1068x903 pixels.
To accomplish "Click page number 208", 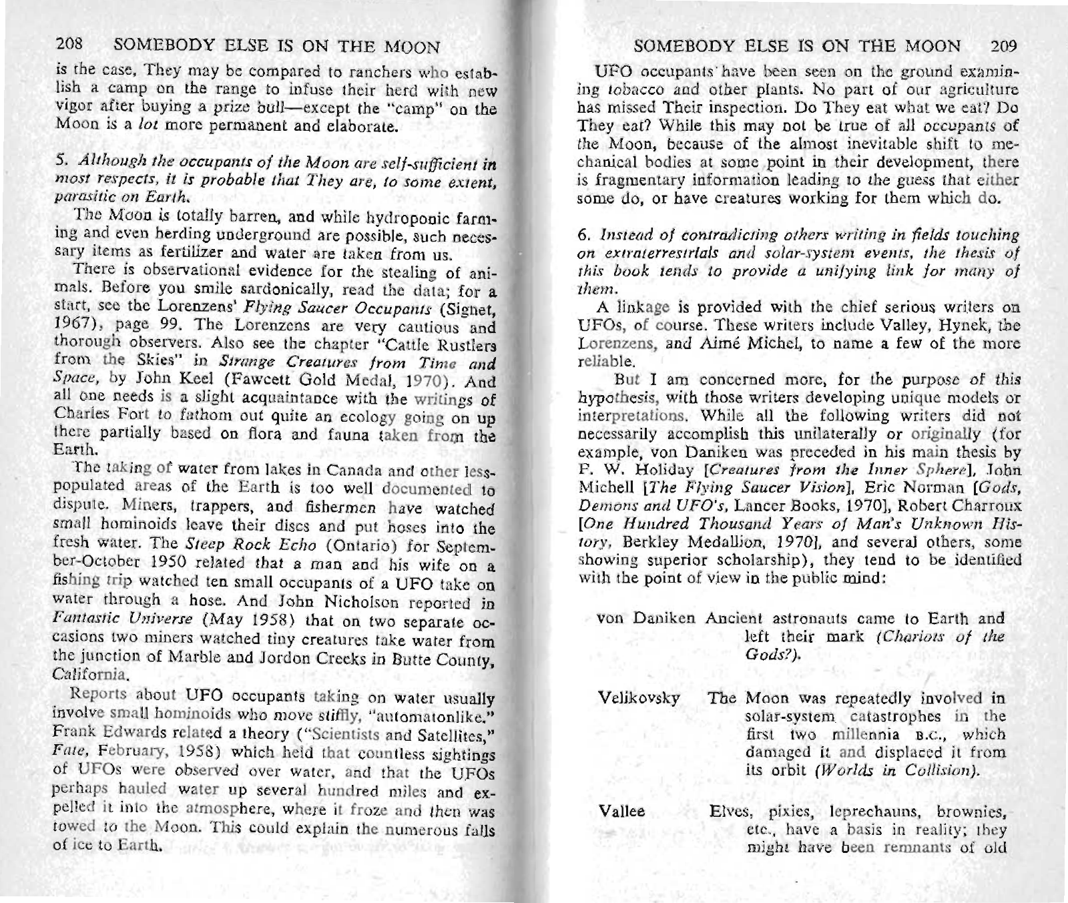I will tap(68, 46).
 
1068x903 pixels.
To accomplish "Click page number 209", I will tap(1003, 46).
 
